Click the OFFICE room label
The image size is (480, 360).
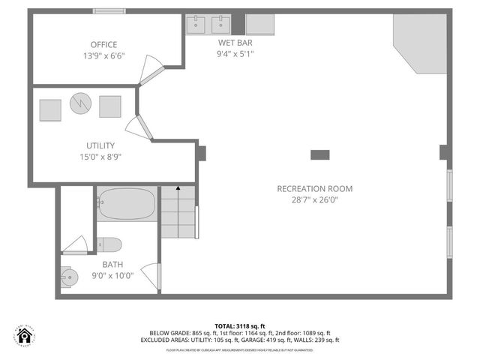pyautogui.click(x=104, y=45)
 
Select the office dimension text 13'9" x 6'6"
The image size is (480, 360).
pyautogui.click(x=104, y=56)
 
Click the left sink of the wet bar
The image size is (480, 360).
pyautogui.click(x=197, y=24)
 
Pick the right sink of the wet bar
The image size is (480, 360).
pyautogui.click(x=221, y=24)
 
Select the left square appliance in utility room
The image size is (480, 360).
pyautogui.click(x=50, y=109)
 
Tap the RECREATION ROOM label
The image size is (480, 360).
pyautogui.click(x=314, y=189)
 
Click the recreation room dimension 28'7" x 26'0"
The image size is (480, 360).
pyautogui.click(x=314, y=200)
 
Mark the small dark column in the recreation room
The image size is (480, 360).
pyautogui.click(x=320, y=154)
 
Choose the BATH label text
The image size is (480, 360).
pyautogui.click(x=112, y=264)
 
